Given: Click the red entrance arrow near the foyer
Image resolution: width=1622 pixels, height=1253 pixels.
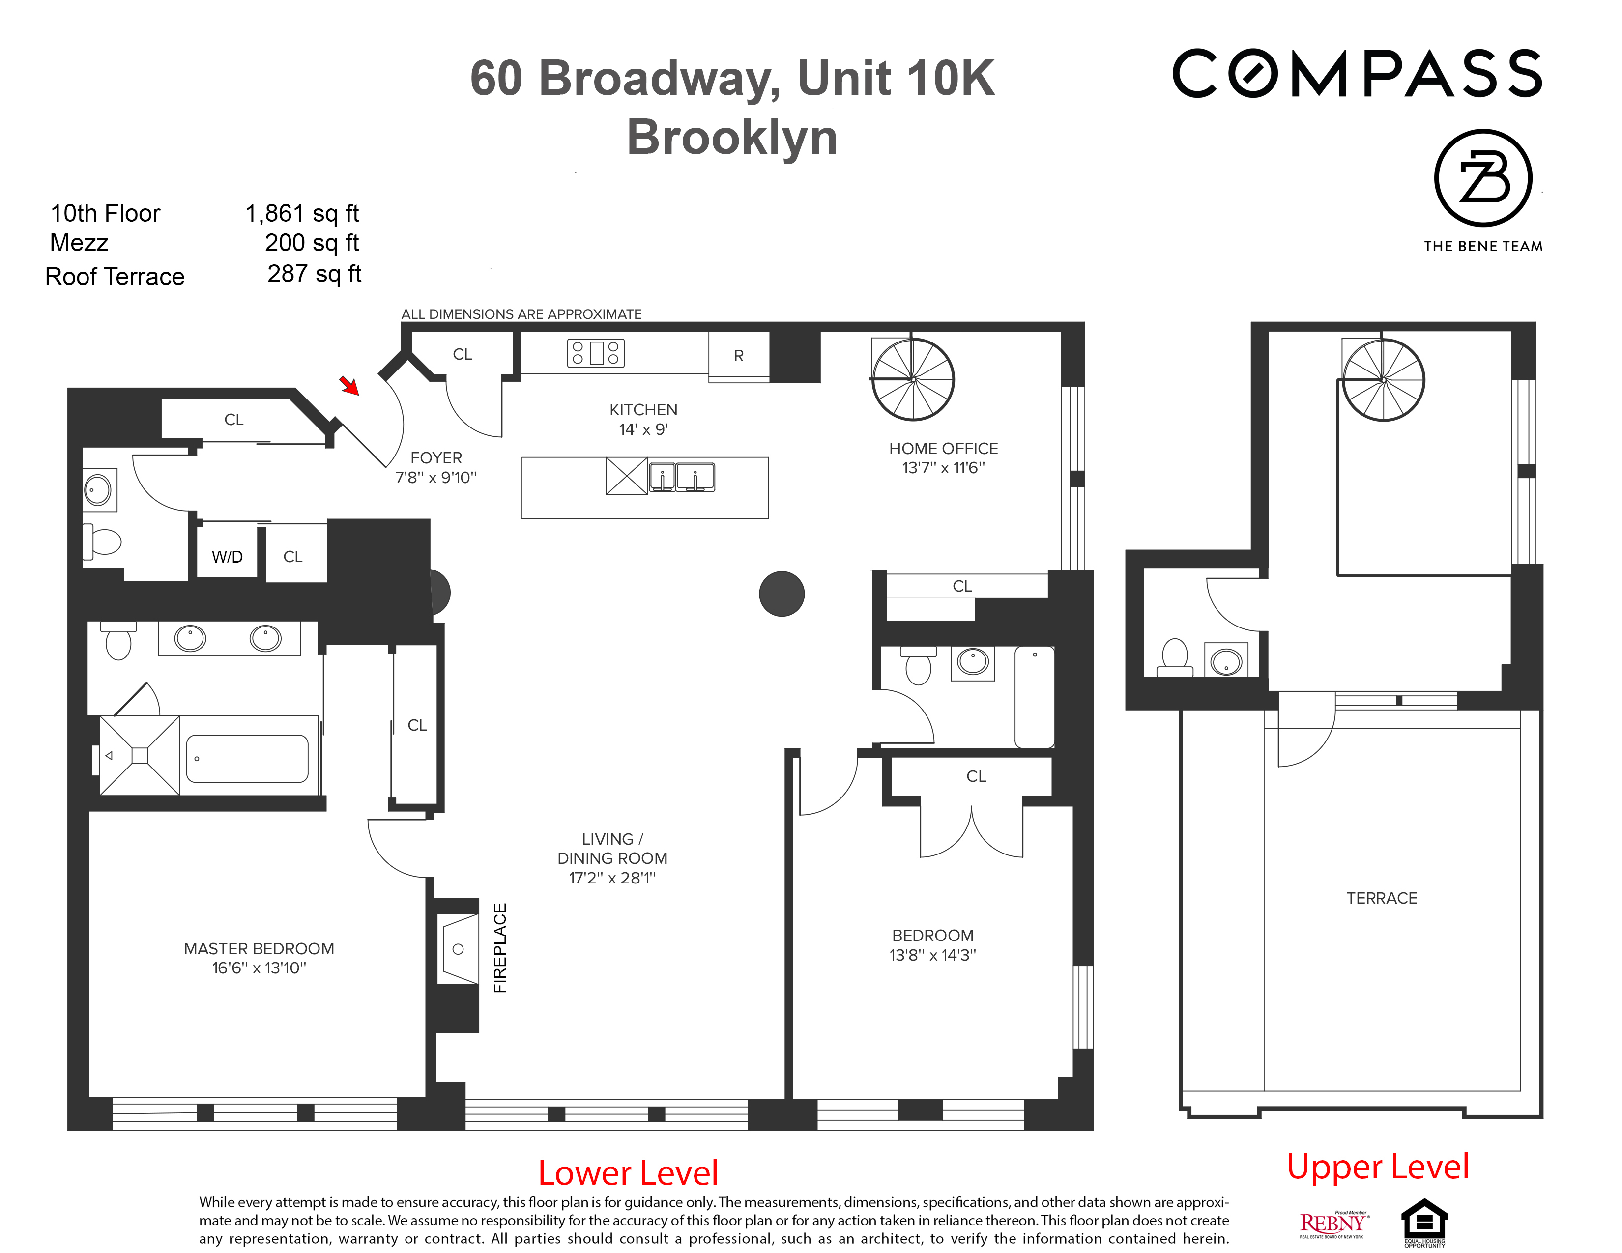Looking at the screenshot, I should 349,385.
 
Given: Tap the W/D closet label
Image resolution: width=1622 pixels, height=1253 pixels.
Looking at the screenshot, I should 227,557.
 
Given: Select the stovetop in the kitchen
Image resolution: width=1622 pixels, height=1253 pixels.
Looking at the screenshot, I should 596,353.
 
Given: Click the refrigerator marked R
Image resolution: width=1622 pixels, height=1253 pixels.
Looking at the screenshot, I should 738,356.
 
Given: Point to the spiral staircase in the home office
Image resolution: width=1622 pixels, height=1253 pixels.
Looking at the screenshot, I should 913,379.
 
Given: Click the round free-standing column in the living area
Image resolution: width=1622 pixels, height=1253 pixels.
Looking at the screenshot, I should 782,594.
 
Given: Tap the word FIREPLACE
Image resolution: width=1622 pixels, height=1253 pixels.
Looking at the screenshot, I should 500,948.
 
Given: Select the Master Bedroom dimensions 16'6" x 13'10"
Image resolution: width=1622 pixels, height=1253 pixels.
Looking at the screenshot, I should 259,968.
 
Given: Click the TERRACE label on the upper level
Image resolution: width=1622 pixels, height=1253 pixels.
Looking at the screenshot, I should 1381,898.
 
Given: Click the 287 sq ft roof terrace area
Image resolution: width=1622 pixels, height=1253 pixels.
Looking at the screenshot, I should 314,274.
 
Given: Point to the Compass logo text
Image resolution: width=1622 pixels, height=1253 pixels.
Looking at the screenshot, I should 1357,74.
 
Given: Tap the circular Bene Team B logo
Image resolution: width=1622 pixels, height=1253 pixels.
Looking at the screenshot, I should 1482,178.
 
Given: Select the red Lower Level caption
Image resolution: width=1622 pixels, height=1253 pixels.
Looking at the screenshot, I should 628,1173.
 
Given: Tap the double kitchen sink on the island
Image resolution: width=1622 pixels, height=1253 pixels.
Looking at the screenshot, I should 682,477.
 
